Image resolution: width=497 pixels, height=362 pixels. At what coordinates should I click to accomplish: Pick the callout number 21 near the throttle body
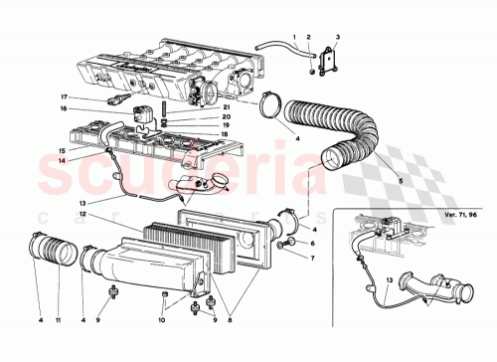[x=226, y=106]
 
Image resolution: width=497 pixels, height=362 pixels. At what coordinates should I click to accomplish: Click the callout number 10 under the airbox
[x=162, y=320]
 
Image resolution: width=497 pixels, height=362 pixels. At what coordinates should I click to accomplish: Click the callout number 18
[x=226, y=134]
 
